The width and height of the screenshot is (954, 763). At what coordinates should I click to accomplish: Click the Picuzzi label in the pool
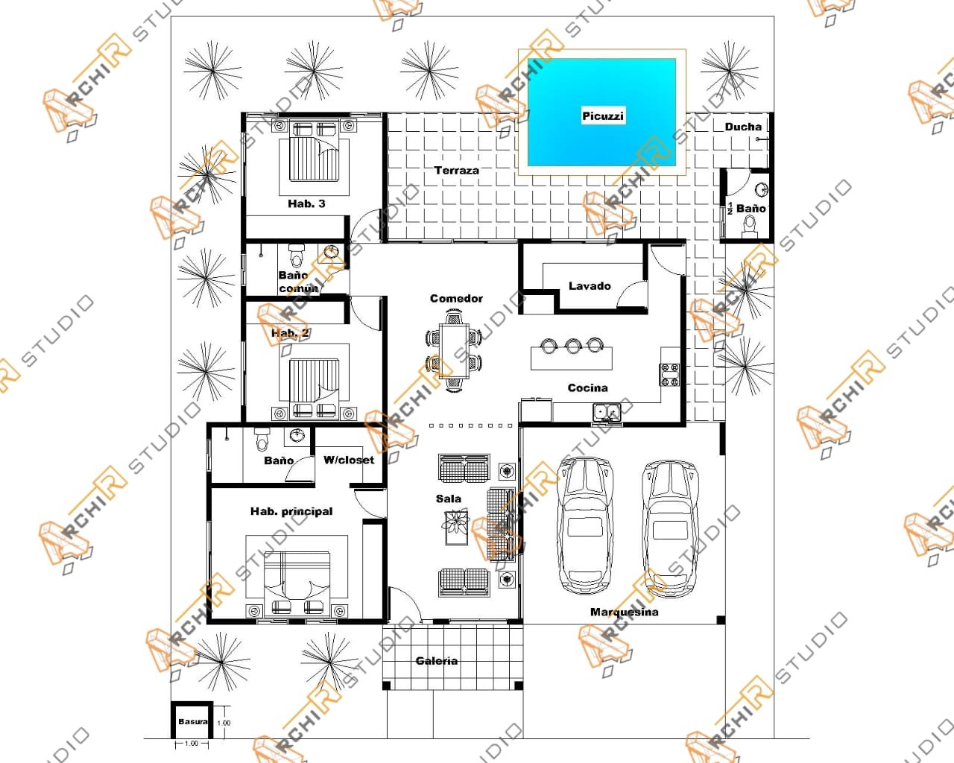pos(602,116)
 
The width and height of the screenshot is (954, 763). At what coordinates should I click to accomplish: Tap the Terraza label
pos(456,171)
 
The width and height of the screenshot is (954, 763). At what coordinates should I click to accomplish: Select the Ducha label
pos(743,127)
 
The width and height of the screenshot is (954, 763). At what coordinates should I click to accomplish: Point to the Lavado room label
pos(589,286)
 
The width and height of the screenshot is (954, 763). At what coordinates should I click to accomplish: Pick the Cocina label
pos(587,387)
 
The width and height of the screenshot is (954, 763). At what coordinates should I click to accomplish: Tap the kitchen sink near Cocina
pos(607,411)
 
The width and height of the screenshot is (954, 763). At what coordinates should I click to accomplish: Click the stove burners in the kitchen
pos(669,374)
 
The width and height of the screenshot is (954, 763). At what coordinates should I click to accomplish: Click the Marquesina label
pos(624,612)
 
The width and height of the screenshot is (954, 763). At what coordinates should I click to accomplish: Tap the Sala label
pos(448,498)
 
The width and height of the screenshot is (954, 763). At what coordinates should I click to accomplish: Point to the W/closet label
pos(348,460)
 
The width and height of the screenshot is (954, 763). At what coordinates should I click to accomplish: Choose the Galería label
pos(437,661)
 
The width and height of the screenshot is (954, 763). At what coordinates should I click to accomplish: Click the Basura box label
pos(192,722)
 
